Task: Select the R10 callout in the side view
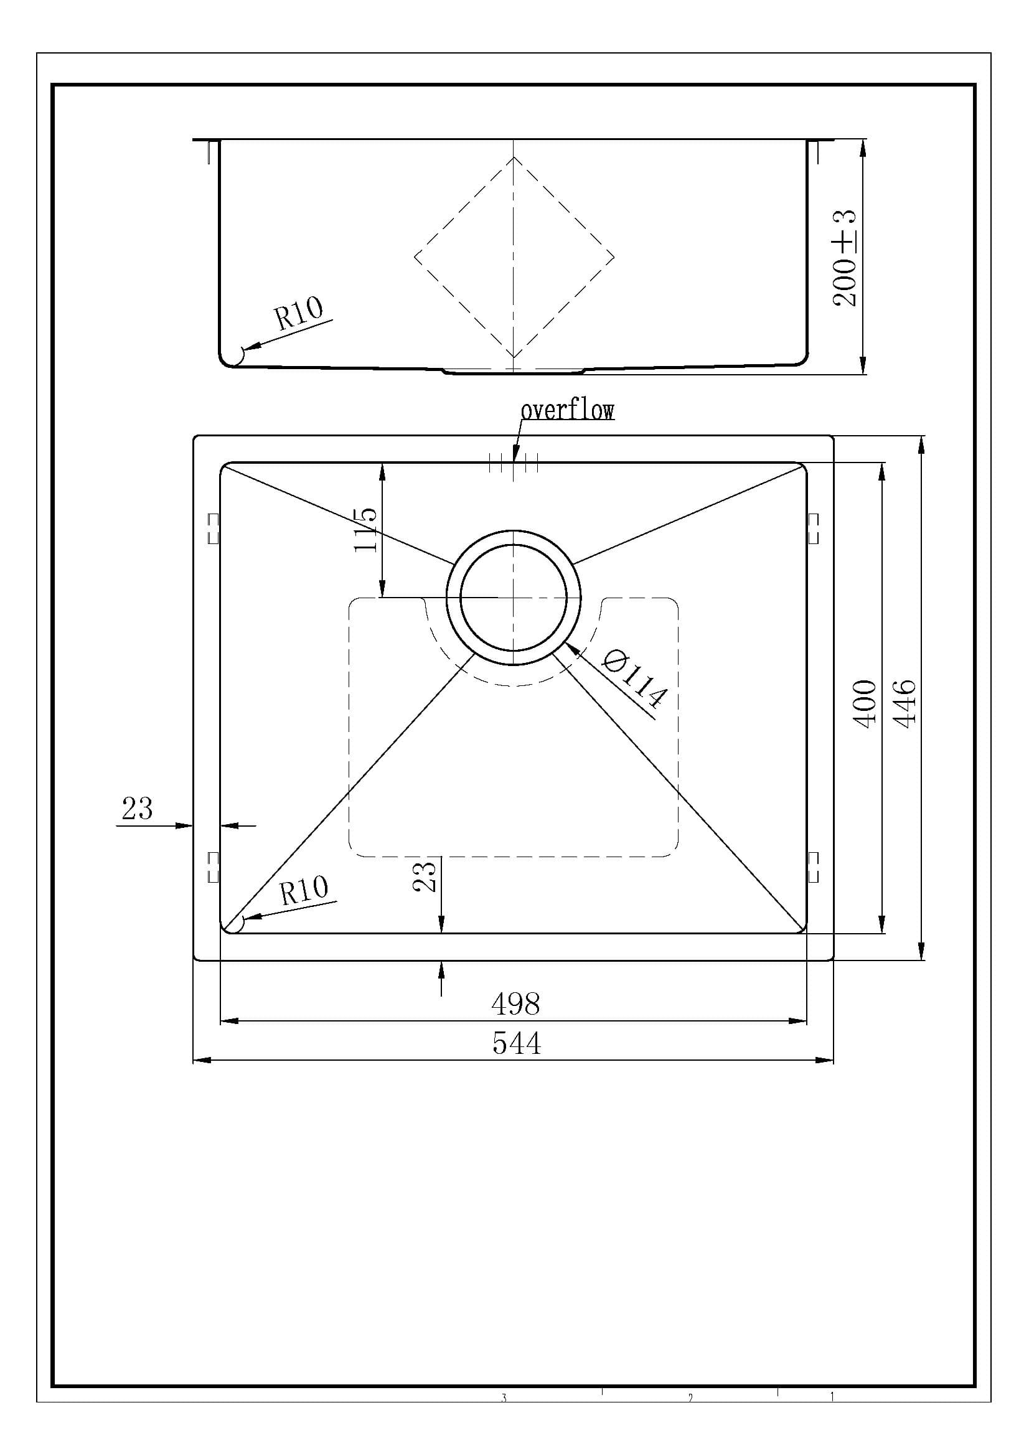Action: tap(299, 313)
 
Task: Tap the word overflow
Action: tap(568, 410)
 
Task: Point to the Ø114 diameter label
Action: tap(634, 679)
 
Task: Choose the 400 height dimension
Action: tap(865, 704)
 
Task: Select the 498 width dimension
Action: tap(515, 1003)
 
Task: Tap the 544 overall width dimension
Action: tap(517, 1043)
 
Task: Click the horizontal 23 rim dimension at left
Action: tap(138, 809)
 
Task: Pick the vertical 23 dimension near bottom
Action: tap(425, 876)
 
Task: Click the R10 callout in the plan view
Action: tap(304, 890)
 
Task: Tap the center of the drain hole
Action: tap(514, 598)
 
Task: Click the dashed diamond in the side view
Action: tap(514, 258)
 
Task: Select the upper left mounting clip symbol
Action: tap(213, 528)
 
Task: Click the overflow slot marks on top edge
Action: tap(514, 464)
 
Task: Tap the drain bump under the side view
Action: tap(514, 370)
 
